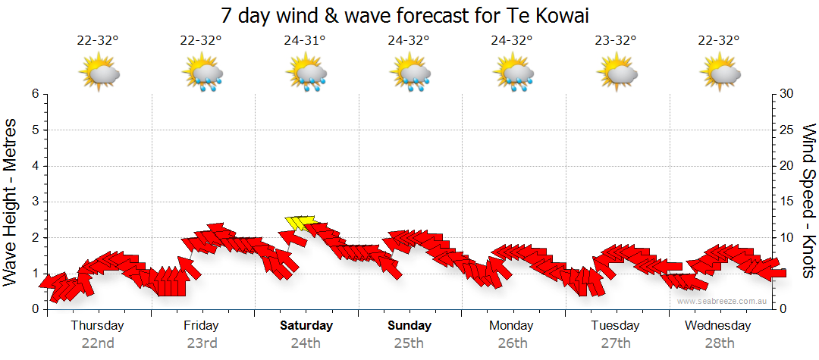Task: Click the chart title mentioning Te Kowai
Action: (x=409, y=15)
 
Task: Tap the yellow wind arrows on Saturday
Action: (x=300, y=222)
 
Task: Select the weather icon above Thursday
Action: (x=99, y=73)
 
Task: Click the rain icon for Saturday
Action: (x=306, y=73)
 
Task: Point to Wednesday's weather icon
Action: (x=721, y=73)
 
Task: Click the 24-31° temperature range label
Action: (x=306, y=41)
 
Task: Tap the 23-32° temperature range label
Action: (x=616, y=41)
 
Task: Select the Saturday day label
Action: (x=306, y=326)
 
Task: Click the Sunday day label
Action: (x=409, y=326)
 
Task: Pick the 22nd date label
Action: (x=98, y=343)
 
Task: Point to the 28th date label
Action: (x=718, y=343)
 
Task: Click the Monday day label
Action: (x=513, y=326)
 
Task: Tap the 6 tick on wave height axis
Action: (x=35, y=94)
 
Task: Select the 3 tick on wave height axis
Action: (x=35, y=202)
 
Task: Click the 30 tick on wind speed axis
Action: (x=788, y=94)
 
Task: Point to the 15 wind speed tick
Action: (x=788, y=202)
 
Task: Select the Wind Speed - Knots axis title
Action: (x=808, y=202)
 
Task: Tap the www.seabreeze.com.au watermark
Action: (x=723, y=301)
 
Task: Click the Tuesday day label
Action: (x=615, y=326)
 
